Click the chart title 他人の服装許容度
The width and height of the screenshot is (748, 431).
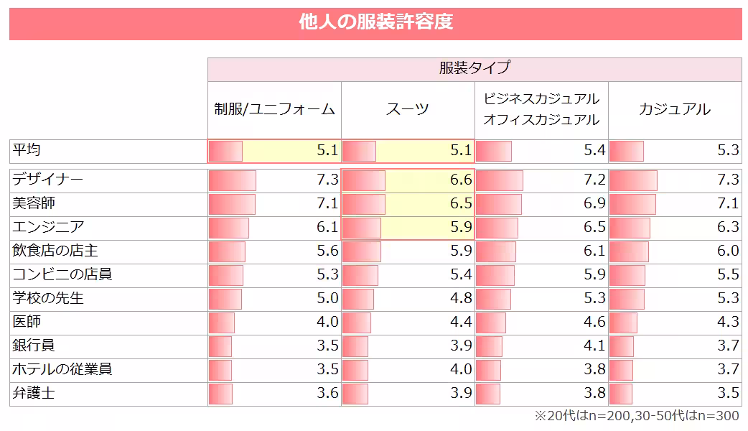click(x=375, y=22)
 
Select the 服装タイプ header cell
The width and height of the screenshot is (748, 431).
click(x=474, y=68)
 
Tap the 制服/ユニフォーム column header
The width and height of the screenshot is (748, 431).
click(x=274, y=109)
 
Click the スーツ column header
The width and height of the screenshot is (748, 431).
click(x=407, y=109)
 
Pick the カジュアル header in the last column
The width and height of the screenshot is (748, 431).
click(x=674, y=109)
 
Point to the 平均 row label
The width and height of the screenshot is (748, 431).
click(x=27, y=150)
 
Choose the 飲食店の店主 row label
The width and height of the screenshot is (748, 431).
click(x=55, y=251)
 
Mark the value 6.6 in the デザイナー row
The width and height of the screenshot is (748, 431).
click(x=461, y=180)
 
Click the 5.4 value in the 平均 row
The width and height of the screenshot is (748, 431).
click(x=594, y=151)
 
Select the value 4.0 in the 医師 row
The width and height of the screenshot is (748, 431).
click(x=327, y=322)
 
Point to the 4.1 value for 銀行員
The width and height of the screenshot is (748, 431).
click(x=594, y=346)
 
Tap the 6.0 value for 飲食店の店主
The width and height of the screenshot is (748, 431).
click(x=728, y=251)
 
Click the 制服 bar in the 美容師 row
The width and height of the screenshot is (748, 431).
click(x=232, y=204)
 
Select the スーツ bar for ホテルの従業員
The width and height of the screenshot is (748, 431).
click(x=355, y=370)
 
